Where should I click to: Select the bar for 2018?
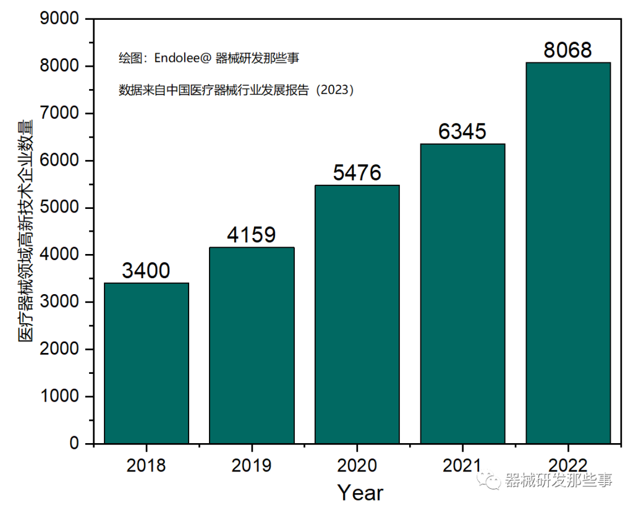coord(147,363)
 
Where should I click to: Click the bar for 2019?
coord(252,345)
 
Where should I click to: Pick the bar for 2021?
coord(462,294)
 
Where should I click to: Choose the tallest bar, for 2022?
coord(567,253)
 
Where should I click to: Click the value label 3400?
coord(147,271)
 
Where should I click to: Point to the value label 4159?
coord(252,235)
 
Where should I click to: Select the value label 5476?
coord(357,173)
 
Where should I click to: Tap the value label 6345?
coord(462,132)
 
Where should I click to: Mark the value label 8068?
coord(567,50)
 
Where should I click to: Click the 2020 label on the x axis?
coord(357,465)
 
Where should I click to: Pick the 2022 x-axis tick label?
coord(567,465)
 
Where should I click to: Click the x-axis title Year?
coord(360,493)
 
